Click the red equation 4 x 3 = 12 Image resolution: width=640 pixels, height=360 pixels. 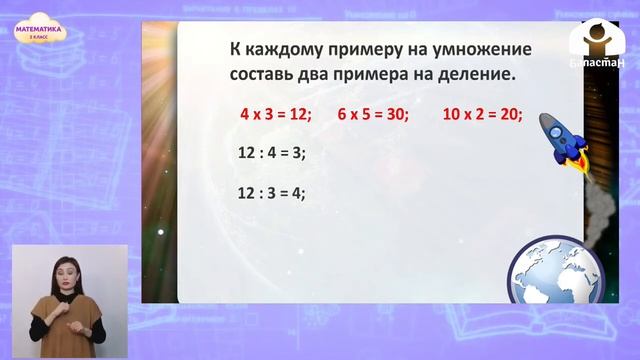click(276, 114)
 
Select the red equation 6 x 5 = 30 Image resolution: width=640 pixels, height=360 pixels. click(373, 114)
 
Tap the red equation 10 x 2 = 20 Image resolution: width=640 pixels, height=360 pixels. click(482, 114)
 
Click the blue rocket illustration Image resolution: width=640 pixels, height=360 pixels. click(560, 138)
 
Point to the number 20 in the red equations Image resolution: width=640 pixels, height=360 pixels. click(510, 114)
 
